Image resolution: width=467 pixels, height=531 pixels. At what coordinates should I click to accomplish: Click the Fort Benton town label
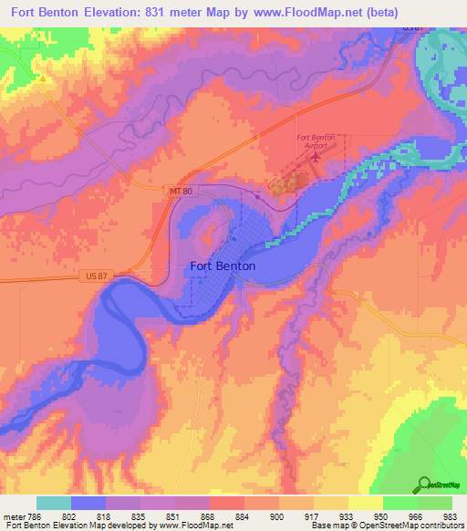(223, 266)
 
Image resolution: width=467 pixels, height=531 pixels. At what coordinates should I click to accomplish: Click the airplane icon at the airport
(317, 156)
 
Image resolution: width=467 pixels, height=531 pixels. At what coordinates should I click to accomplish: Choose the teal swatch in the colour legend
(54, 503)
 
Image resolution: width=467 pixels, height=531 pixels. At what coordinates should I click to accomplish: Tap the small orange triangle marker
(42, 78)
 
